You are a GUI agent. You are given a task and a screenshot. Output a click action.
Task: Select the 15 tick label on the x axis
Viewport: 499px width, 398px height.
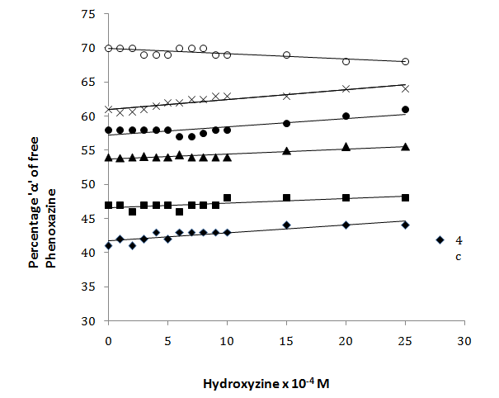tap(286, 340)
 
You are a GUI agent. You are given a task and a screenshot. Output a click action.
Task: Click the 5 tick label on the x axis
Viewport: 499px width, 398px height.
tap(167, 340)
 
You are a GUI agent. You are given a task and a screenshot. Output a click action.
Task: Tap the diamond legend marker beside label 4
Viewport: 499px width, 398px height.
tap(440, 240)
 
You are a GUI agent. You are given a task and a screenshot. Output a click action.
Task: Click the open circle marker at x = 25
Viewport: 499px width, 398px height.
tap(405, 62)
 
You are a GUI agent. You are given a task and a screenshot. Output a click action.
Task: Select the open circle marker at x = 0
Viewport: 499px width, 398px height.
tap(108, 49)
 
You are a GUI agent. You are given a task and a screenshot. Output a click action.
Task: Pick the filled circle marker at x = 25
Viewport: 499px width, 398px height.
tap(405, 110)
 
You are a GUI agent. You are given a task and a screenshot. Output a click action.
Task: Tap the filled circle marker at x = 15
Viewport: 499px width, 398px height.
tap(286, 123)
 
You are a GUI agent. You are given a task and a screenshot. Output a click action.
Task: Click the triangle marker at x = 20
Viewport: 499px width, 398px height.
tap(346, 147)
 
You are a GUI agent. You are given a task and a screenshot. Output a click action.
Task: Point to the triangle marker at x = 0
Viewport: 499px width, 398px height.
tap(108, 157)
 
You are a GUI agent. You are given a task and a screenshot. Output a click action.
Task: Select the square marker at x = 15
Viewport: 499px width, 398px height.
tap(286, 198)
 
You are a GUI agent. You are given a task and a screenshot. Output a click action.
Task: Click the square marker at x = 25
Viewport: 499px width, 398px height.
tap(405, 198)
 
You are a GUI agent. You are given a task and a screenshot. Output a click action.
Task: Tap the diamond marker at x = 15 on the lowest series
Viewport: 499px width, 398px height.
tap(286, 225)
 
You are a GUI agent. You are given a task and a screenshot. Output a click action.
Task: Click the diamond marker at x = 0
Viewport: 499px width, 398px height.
tap(108, 246)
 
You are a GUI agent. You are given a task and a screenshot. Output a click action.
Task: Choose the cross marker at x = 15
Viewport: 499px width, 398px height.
tap(286, 96)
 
